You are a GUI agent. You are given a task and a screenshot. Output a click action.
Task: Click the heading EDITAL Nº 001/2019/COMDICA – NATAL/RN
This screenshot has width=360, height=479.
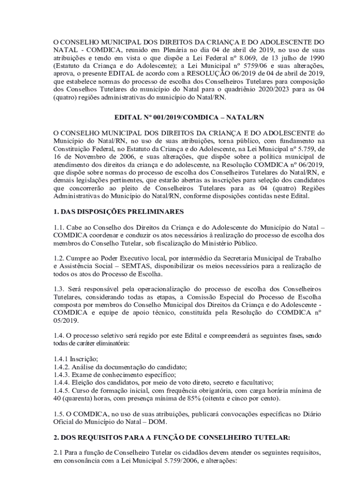coord(180,117)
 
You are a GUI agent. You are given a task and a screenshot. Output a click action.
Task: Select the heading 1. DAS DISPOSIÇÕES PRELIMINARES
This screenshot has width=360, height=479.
coord(119,211)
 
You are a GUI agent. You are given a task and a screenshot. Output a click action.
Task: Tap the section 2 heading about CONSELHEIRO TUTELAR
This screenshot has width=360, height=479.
coord(172,438)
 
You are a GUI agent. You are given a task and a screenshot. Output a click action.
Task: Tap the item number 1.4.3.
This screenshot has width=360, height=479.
coord(61,374)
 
